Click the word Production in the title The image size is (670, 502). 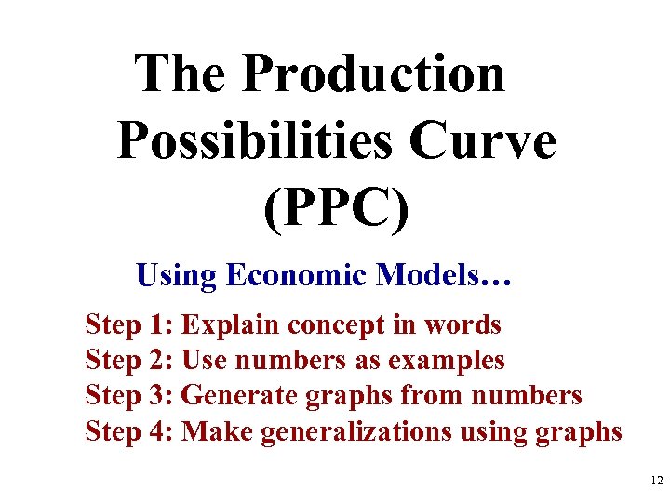373,73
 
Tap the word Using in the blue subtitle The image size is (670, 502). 177,275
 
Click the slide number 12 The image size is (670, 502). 657,481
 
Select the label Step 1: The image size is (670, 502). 129,325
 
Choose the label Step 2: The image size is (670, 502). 129,361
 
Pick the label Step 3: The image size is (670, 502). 129,396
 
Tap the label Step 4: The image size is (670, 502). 129,431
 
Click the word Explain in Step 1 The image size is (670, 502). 231,325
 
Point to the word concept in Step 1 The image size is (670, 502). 328,326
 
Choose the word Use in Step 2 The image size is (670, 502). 204,361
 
